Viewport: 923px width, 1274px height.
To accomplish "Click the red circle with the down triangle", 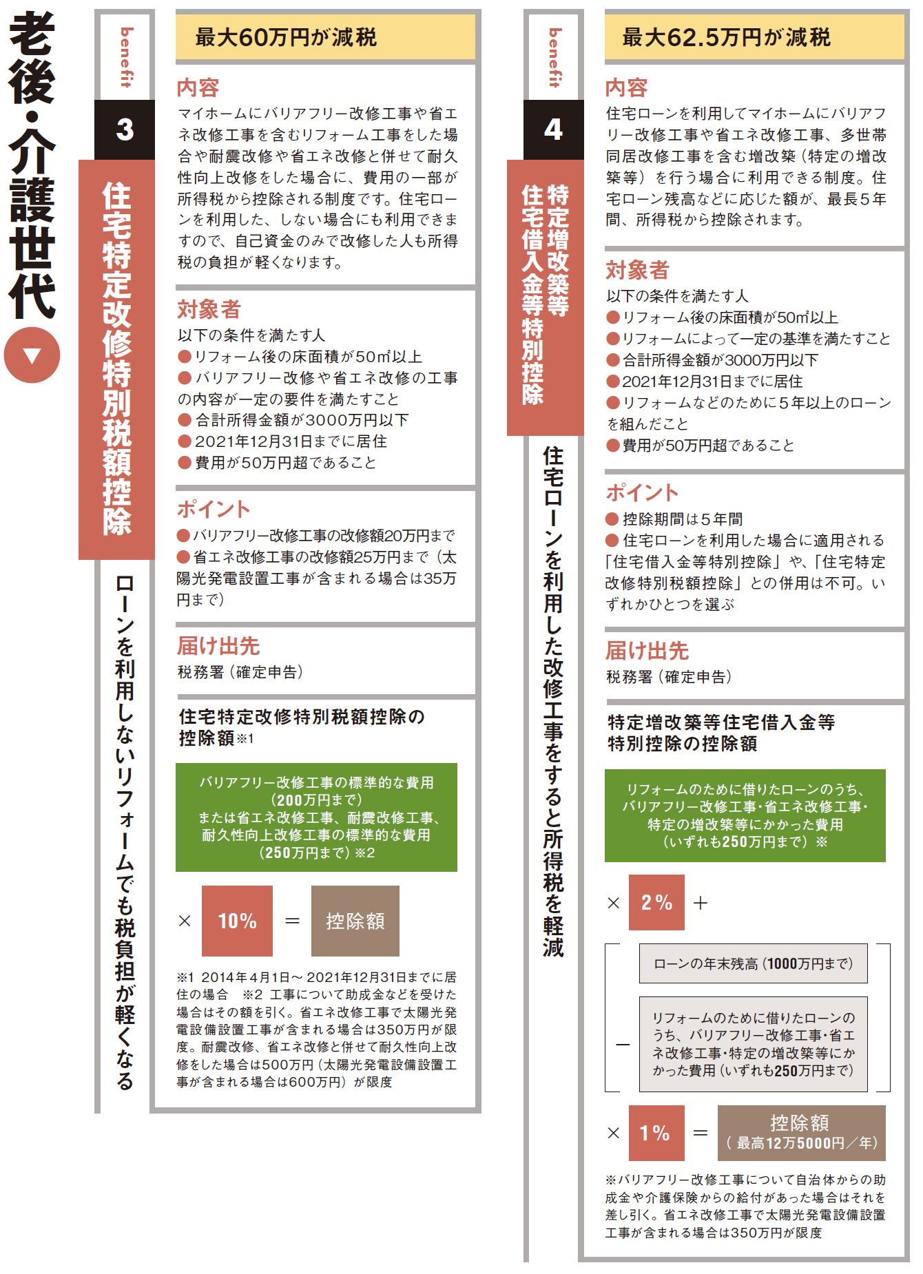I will point(32,355).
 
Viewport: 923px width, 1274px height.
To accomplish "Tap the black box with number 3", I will point(125,129).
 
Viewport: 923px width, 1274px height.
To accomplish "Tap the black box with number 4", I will point(553,129).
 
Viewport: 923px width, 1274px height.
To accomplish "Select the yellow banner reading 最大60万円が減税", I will point(325,37).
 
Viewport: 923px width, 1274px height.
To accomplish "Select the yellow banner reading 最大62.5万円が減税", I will point(754,37).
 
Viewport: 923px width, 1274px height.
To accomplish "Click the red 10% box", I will point(237,921).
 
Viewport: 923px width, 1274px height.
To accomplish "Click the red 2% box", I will point(656,902).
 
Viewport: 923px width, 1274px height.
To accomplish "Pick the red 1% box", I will point(656,1133).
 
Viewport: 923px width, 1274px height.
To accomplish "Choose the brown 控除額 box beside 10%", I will point(355,921).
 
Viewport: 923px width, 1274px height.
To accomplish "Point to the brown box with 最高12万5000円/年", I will point(801,1133).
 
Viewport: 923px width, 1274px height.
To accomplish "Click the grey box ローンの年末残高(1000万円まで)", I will point(753,963).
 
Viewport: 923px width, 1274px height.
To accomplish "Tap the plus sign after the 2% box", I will point(701,903).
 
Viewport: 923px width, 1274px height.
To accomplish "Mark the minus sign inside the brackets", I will point(623,1045).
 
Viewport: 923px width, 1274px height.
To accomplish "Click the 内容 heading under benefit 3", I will point(198,87).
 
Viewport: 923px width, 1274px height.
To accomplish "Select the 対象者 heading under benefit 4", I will point(637,270).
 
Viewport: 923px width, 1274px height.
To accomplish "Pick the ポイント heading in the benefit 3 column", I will point(214,509).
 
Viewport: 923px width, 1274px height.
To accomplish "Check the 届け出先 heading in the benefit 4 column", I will point(647,651).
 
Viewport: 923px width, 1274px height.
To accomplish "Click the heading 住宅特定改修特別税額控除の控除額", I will point(302,727).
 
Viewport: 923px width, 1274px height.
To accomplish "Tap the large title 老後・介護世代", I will point(32,165).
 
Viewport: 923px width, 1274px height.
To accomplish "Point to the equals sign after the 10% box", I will point(292,921).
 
